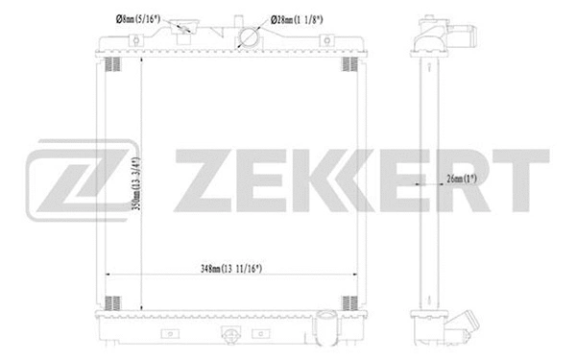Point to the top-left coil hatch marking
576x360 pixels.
click(x=111, y=64)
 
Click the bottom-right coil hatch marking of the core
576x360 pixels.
click(x=349, y=301)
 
